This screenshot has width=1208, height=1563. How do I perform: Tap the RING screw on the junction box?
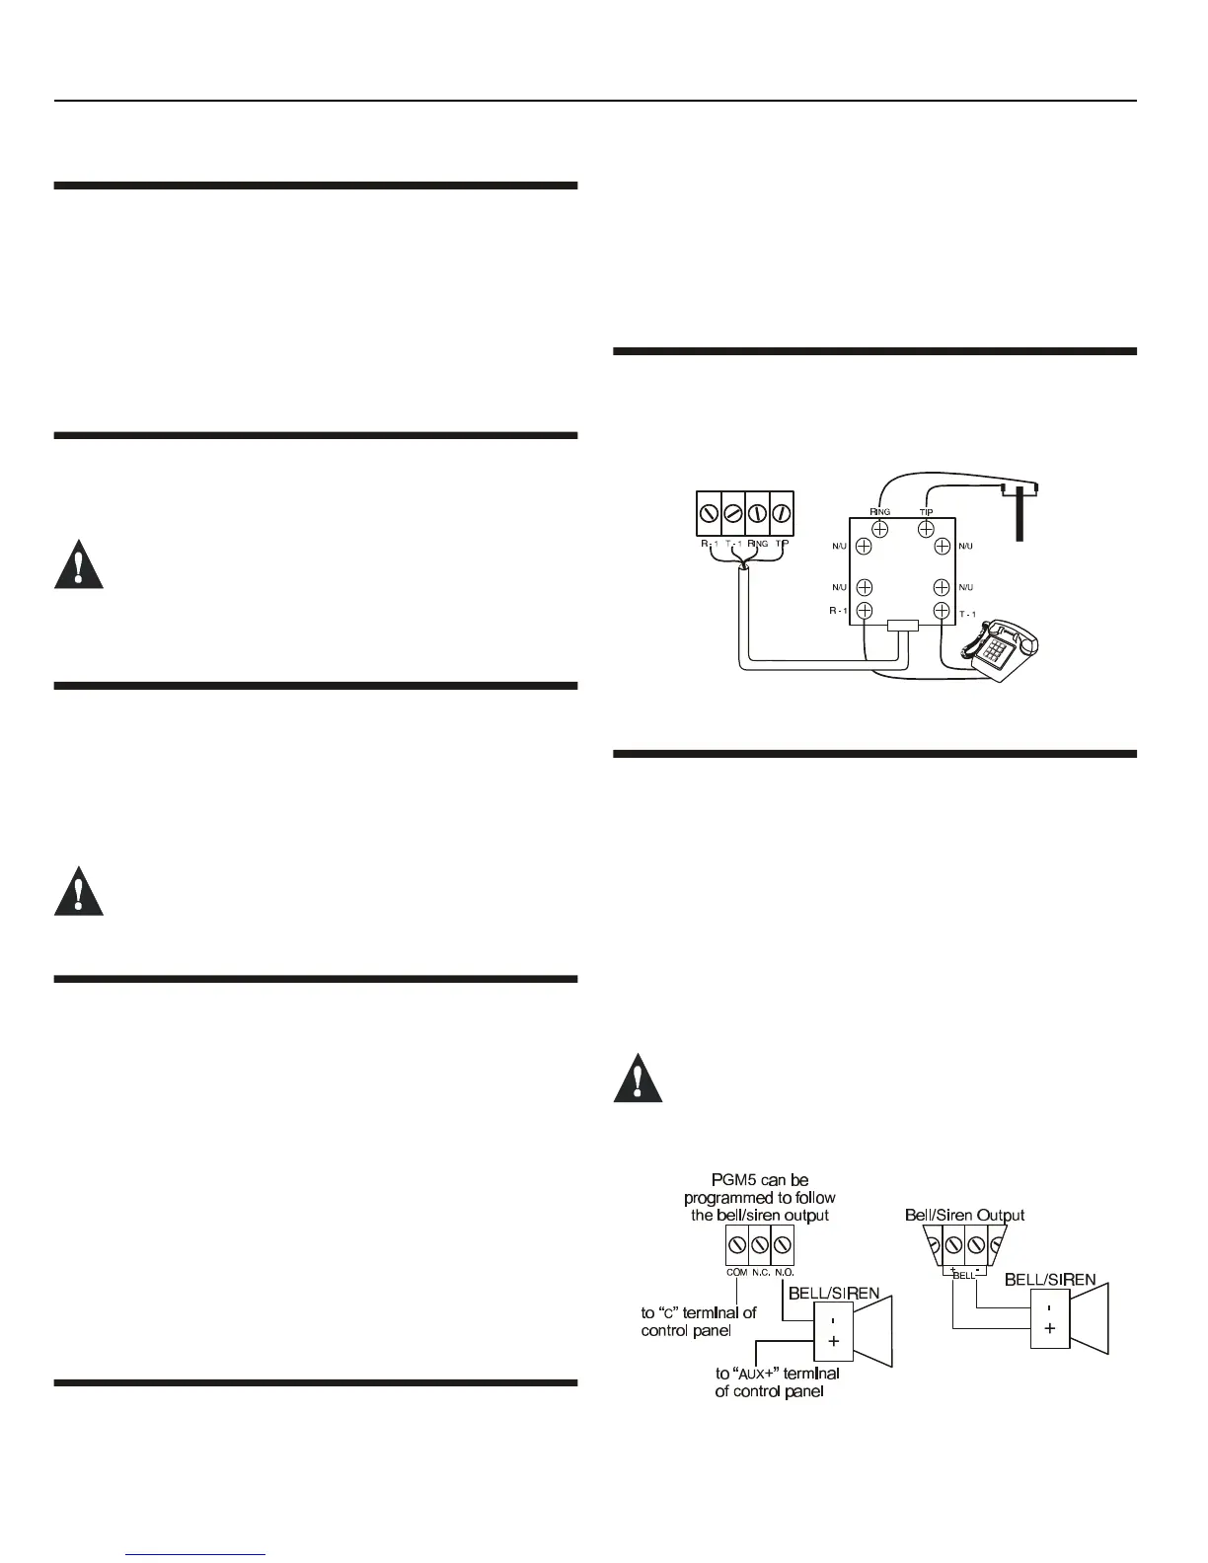point(879,529)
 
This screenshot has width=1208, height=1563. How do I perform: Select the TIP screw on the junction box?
point(927,529)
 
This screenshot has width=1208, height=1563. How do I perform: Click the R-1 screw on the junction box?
point(864,611)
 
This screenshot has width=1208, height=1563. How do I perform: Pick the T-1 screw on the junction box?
point(942,611)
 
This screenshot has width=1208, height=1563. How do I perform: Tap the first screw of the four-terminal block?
point(709,513)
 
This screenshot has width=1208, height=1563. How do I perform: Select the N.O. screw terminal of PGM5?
point(784,1245)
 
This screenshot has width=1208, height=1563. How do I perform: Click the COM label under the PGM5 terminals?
point(736,1273)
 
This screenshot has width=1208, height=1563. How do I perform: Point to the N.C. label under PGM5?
point(761,1273)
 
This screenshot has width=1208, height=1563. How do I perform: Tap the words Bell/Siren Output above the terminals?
point(964,1216)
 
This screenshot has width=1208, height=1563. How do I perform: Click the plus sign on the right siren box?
point(1049,1328)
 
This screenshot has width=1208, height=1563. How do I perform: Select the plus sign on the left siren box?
point(833,1341)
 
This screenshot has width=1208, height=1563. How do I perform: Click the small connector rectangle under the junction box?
point(902,626)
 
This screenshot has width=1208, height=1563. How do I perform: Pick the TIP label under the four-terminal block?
point(782,544)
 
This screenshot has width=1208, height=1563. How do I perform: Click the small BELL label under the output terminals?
point(964,1275)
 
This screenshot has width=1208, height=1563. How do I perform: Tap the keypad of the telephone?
point(997,650)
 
